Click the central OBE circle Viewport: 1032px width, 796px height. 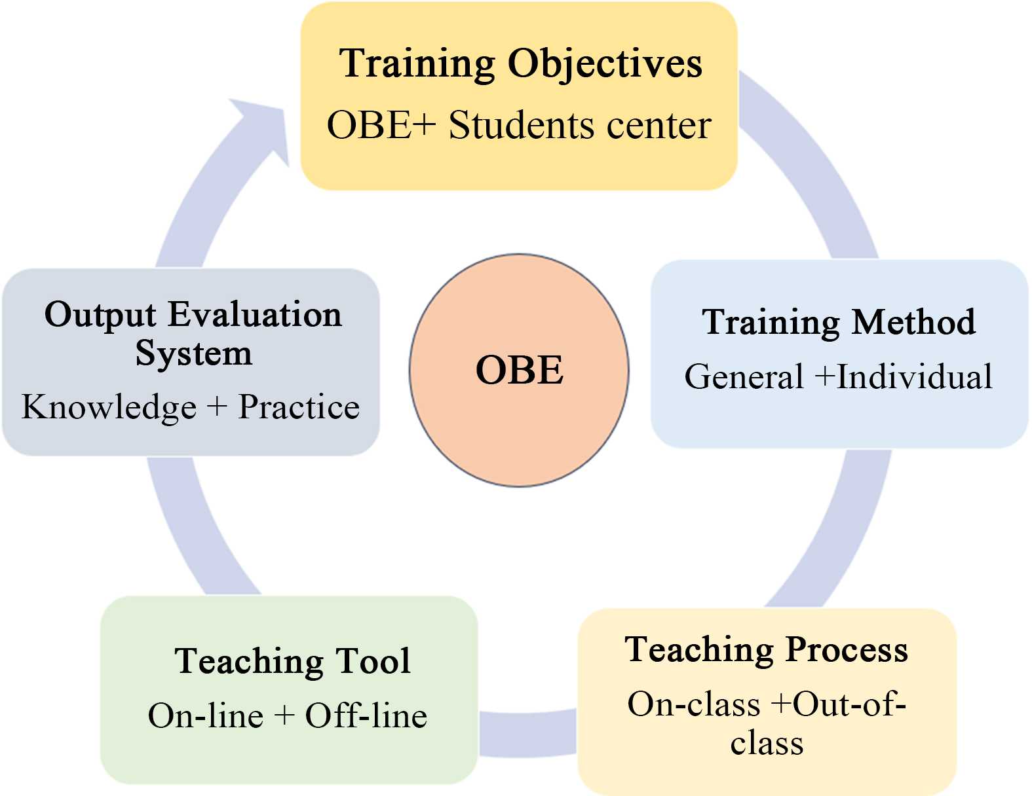(519, 371)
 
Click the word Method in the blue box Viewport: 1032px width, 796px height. (914, 322)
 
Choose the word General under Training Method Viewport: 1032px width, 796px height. (744, 377)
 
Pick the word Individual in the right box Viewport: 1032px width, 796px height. (915, 377)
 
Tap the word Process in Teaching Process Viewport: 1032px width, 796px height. (847, 649)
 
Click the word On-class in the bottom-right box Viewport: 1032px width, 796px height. (694, 704)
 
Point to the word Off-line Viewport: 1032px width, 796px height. (366, 715)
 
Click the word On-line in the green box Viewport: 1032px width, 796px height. (206, 715)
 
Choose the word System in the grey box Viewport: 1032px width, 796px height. (193, 353)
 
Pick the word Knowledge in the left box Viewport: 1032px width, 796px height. (109, 407)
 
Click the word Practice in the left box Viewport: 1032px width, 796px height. (299, 407)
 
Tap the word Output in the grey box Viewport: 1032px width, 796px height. (100, 314)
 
